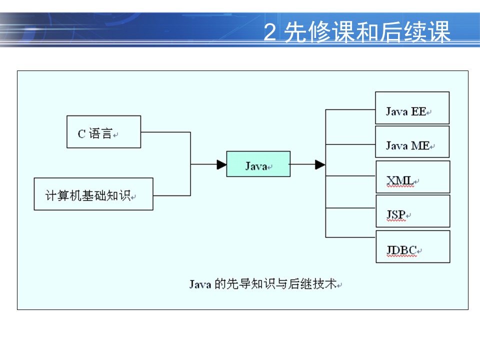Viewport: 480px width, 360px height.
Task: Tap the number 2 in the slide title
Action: click(x=270, y=33)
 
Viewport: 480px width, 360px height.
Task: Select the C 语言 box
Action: click(x=103, y=132)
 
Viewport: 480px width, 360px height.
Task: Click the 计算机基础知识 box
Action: click(x=93, y=194)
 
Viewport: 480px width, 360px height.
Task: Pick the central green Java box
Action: click(x=258, y=164)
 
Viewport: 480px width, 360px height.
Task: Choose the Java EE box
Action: click(x=412, y=108)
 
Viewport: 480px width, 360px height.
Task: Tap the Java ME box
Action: click(x=412, y=142)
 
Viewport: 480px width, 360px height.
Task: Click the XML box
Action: click(x=412, y=177)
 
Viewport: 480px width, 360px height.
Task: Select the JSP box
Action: click(x=412, y=211)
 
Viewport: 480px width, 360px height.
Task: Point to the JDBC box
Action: click(x=412, y=246)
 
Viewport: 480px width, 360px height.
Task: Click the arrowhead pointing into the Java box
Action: click(x=221, y=164)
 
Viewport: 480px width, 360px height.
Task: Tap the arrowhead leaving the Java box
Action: click(x=320, y=164)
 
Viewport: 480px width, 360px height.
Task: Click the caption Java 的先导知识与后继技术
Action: click(x=265, y=284)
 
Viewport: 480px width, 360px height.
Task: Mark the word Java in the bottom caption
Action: click(x=200, y=284)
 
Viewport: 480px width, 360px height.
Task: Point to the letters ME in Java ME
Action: click(x=419, y=146)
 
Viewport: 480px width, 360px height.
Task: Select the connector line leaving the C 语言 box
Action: click(x=165, y=132)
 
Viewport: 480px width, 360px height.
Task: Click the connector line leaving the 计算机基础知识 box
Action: click(x=171, y=195)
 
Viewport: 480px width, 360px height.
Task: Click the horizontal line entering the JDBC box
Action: click(x=350, y=237)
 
